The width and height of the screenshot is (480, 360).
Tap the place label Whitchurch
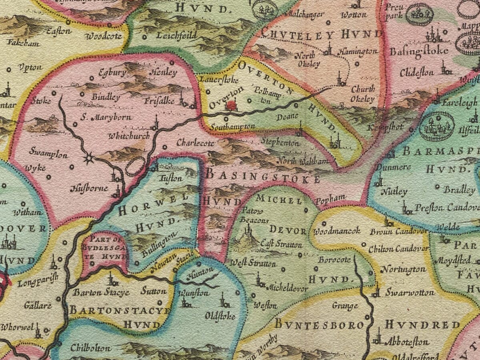pos(129,136)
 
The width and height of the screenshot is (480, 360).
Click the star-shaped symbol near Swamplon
pos(89,159)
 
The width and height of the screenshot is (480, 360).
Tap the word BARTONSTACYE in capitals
pos(120,310)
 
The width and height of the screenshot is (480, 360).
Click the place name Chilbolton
pos(90,348)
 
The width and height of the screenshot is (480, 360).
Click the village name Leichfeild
pos(176,36)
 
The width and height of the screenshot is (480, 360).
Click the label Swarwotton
pos(410,292)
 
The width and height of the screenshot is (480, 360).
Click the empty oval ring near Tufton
pos(135,166)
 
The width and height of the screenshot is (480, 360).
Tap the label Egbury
pos(114,73)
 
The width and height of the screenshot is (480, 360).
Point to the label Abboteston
pos(407,342)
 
